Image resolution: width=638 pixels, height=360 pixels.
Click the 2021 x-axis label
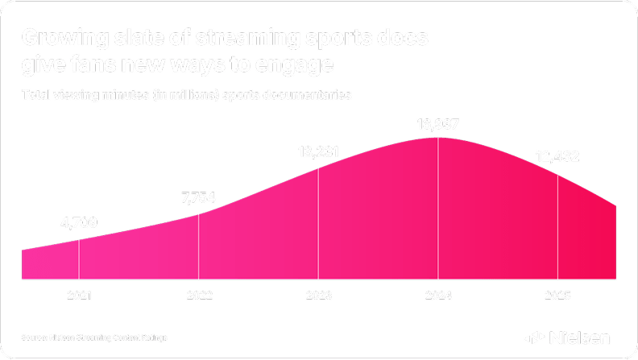click(x=79, y=296)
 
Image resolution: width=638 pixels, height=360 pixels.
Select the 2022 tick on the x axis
click(x=198, y=296)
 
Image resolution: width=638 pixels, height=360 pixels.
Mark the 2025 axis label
click(x=557, y=296)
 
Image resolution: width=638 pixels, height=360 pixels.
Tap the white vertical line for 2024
click(x=438, y=209)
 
